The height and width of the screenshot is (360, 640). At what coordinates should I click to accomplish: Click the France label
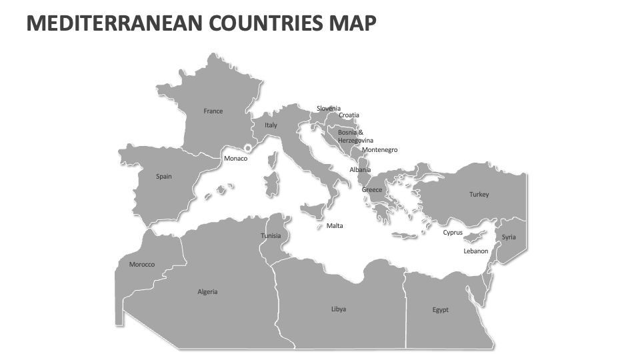213,111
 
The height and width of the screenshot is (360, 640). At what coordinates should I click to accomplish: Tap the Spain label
164,177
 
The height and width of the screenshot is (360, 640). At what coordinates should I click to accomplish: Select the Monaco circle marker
248,149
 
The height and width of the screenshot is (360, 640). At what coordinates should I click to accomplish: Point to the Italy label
271,125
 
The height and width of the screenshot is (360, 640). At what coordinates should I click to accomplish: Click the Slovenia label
329,109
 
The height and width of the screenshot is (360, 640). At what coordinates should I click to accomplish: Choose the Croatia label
349,115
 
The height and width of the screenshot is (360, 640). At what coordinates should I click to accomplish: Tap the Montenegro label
379,150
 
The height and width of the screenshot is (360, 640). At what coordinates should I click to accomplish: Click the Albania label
360,170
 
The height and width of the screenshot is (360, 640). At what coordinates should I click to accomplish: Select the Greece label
372,190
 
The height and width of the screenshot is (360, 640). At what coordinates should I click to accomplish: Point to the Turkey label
479,195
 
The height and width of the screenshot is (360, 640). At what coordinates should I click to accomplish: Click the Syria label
509,237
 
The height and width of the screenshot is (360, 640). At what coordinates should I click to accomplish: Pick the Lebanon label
476,251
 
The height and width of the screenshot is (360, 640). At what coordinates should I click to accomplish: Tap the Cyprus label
453,233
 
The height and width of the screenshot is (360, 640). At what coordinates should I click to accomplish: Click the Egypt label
441,310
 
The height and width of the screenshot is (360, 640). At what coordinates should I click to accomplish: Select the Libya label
339,309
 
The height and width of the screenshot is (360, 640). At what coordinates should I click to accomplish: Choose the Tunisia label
271,236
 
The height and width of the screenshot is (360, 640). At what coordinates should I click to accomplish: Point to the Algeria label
207,292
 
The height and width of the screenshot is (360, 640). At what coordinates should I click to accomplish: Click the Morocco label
142,265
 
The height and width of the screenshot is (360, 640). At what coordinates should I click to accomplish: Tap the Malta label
335,226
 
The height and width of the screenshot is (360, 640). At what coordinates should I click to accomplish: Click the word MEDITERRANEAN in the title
114,23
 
